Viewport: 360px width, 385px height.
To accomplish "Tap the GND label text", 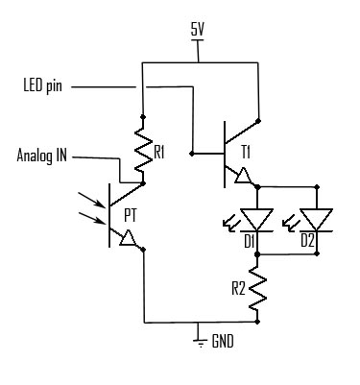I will click(x=223, y=340).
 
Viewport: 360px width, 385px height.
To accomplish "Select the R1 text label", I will click(x=160, y=153).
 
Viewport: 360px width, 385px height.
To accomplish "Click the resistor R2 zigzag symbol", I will click(x=258, y=289).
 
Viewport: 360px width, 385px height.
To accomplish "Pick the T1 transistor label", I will click(x=246, y=153).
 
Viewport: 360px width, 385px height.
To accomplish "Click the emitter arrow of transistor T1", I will click(x=241, y=176).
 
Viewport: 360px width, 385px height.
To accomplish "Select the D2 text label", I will click(x=306, y=240).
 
